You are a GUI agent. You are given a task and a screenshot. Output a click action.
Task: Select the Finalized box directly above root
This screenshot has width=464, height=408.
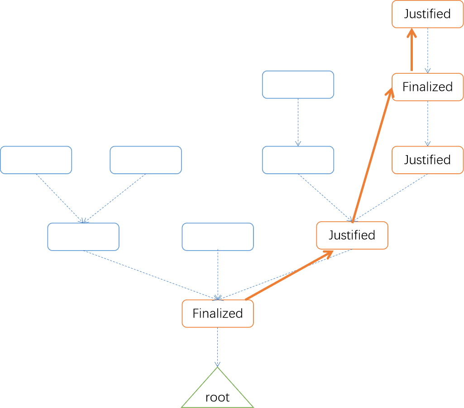(x=218, y=313)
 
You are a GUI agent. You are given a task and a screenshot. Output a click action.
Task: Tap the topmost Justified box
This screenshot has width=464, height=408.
(x=428, y=14)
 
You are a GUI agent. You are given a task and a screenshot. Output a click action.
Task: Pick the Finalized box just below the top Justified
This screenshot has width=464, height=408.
(x=428, y=87)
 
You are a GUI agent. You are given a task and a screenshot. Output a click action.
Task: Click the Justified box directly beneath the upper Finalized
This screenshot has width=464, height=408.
(x=428, y=160)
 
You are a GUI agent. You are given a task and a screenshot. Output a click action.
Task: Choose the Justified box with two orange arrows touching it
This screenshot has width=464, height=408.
(x=352, y=235)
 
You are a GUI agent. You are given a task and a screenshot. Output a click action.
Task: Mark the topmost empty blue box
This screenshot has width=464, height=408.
(x=298, y=85)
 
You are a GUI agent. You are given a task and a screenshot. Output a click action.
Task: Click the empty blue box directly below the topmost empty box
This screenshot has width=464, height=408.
(x=298, y=160)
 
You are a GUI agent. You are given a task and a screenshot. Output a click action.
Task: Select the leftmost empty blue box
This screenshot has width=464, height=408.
(x=36, y=160)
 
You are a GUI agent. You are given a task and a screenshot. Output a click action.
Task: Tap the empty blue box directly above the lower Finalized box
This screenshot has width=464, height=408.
(x=218, y=237)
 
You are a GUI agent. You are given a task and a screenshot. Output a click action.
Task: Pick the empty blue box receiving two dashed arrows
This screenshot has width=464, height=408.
(x=83, y=237)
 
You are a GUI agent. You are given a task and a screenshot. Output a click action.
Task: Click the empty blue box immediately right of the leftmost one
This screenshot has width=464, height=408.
(x=146, y=160)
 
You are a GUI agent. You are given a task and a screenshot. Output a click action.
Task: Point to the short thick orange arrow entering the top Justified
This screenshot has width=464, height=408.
(x=411, y=49)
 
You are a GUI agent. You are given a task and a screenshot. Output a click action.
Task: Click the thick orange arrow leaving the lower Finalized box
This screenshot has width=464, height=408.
(x=289, y=275)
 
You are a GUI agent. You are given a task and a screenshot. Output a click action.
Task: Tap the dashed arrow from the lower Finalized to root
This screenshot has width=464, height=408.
(x=217, y=347)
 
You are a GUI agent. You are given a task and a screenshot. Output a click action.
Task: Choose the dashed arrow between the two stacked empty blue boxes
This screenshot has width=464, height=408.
(x=298, y=122)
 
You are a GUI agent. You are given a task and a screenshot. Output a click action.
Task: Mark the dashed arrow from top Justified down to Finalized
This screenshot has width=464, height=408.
(x=428, y=51)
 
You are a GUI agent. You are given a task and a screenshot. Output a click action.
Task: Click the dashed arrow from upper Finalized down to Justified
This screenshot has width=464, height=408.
(x=428, y=123)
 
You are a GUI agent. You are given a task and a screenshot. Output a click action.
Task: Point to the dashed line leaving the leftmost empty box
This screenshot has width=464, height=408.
(x=60, y=199)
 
